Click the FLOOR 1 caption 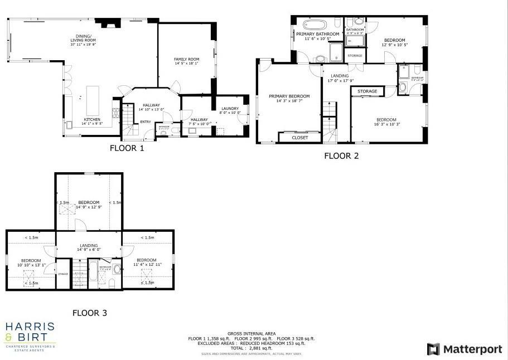coord(127,148)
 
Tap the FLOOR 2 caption coord(341,156)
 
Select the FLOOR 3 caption coord(89,313)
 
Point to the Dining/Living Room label coord(83,39)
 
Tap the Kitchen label coord(92,120)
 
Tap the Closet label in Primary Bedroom coord(300,137)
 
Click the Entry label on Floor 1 coord(145,122)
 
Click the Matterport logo coord(463,349)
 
